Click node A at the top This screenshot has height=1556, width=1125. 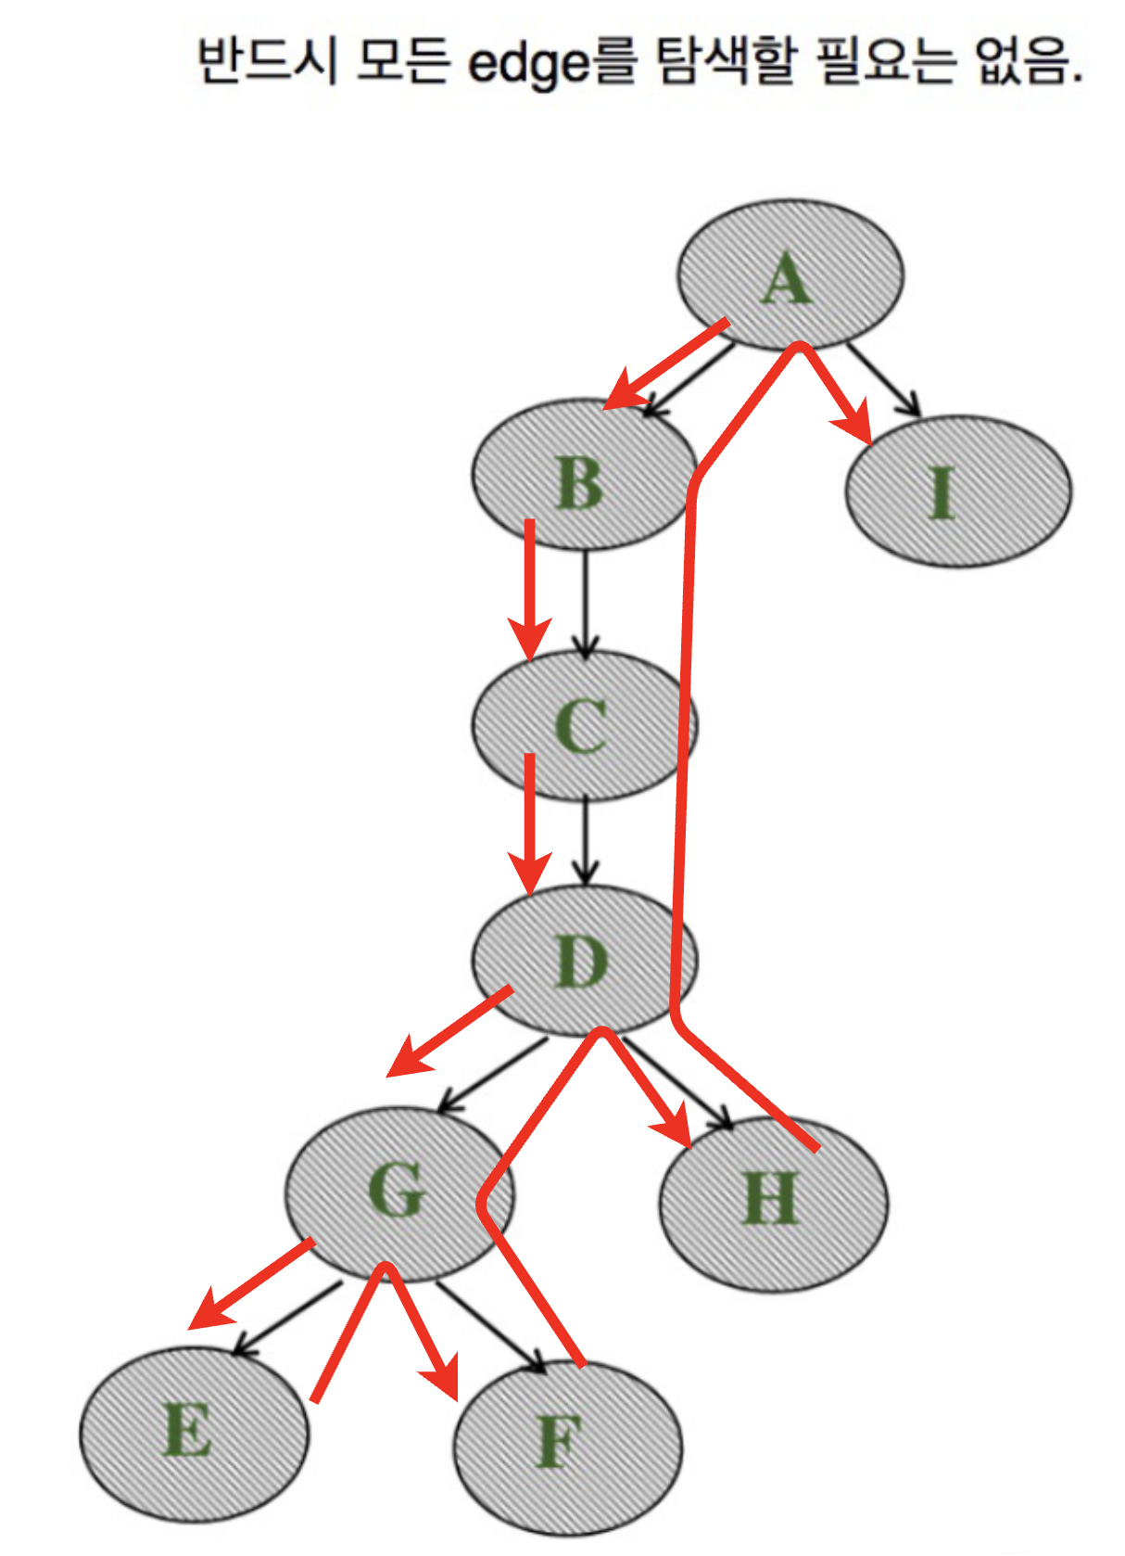coord(790,275)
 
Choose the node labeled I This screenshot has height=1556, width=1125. coord(958,491)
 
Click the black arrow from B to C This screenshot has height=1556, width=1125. coord(585,603)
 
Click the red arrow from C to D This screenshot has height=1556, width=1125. coord(530,825)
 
